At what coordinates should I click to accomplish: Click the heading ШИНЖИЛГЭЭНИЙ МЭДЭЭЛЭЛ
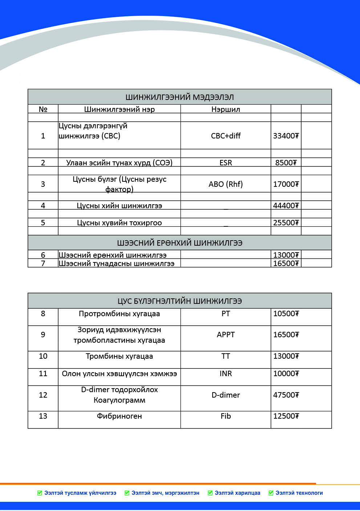(x=179, y=97)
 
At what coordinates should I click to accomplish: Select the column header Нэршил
(x=226, y=109)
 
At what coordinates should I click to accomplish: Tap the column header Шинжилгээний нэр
(x=119, y=109)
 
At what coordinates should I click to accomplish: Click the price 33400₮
(x=286, y=136)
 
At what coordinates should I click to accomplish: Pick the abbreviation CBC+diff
(x=226, y=136)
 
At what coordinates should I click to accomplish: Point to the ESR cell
(x=226, y=162)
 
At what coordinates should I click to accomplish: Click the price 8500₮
(x=286, y=162)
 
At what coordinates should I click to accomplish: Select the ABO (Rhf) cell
(x=226, y=184)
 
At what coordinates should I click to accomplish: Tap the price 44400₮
(x=286, y=205)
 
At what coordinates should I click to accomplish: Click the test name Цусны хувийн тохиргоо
(x=119, y=222)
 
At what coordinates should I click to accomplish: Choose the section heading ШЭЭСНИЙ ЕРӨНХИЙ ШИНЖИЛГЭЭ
(x=179, y=243)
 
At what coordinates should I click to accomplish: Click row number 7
(x=43, y=263)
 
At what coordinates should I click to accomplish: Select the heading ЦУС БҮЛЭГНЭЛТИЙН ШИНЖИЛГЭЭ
(x=179, y=301)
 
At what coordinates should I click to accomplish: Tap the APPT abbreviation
(x=226, y=335)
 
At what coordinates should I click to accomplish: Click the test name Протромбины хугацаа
(x=119, y=314)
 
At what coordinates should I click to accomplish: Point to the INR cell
(x=226, y=374)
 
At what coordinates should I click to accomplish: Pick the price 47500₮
(x=286, y=395)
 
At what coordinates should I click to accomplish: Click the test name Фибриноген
(x=119, y=416)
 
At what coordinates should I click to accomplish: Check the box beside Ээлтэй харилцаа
(x=210, y=493)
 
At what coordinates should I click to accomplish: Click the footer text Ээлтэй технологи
(x=299, y=493)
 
